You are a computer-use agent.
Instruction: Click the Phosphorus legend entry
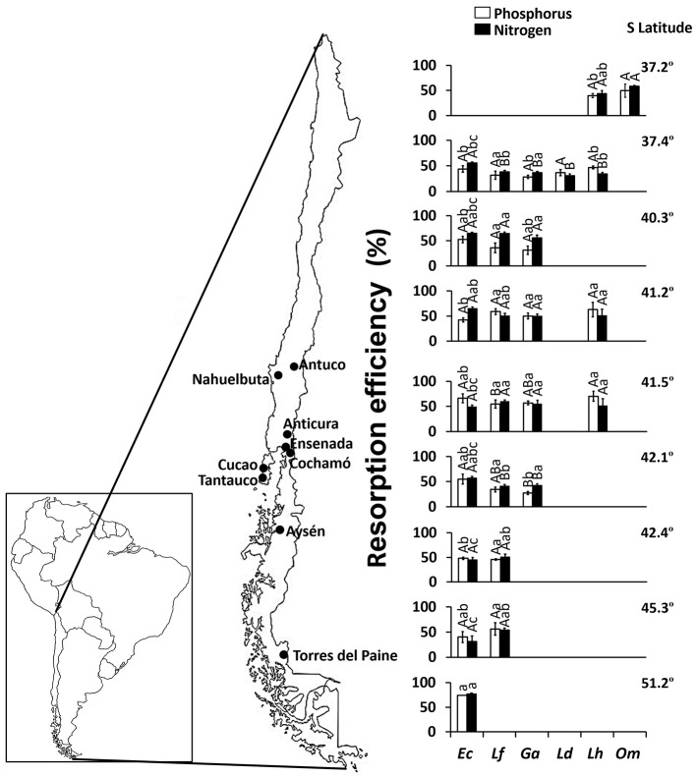[x=535, y=14]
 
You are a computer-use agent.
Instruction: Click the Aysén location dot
[x=281, y=530]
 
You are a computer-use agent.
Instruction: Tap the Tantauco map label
[x=224, y=481]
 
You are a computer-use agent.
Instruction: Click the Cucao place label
[x=233, y=465]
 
